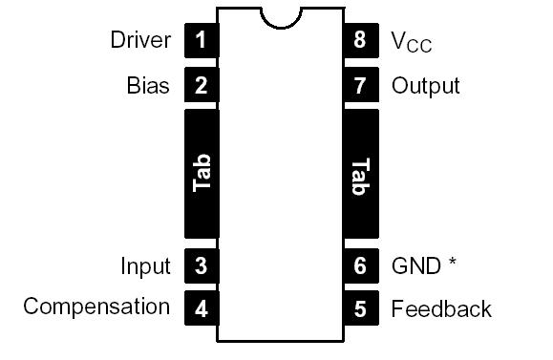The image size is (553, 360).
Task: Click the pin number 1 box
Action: (201, 41)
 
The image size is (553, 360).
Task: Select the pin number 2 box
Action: (201, 86)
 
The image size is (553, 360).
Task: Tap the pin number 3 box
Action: (201, 265)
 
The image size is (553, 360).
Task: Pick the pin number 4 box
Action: (201, 308)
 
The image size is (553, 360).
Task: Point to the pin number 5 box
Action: (360, 308)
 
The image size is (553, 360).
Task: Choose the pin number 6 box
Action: (360, 265)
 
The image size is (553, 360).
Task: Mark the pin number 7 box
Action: (360, 86)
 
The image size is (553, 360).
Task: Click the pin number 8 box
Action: (360, 41)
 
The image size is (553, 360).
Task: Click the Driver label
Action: (140, 40)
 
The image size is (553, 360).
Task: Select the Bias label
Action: (148, 86)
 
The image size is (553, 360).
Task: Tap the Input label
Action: (145, 266)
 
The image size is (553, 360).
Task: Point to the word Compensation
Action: (96, 307)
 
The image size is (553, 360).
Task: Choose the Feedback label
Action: (441, 308)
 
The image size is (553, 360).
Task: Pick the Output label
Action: (425, 86)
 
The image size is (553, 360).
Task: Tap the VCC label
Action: (412, 42)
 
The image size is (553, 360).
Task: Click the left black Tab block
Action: (201, 174)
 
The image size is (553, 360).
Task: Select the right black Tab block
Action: (360, 174)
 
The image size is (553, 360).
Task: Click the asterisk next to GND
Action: (451, 263)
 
